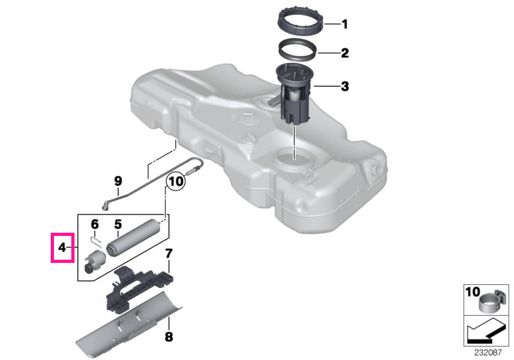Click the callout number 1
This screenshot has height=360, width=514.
pos(344,24)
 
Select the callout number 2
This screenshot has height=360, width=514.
pos(344,53)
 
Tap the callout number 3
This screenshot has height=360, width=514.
pos(345,87)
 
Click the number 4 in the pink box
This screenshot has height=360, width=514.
pos(62,248)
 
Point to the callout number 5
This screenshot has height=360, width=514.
pos(118,224)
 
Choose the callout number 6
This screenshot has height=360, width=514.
pos(94,224)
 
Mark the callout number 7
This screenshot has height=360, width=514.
pos(168,253)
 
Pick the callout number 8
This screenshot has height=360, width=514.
pos(168,337)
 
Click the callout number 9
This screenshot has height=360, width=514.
pos(118,181)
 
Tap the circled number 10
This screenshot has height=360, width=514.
pos(176,181)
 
